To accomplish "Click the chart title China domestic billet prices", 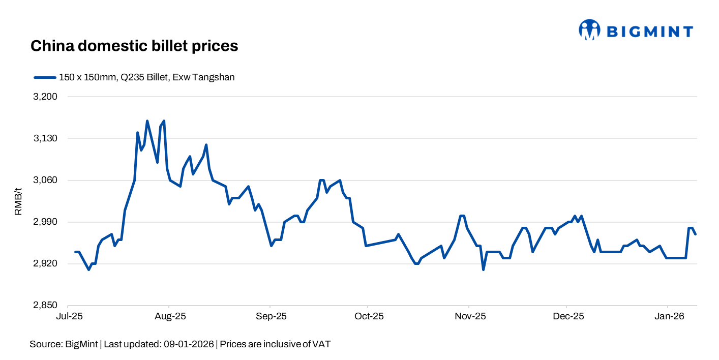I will tap(134, 46).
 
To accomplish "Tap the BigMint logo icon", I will tap(589, 30).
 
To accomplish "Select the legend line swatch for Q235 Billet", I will tap(44, 77).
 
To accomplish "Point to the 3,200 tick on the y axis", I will tap(46, 97).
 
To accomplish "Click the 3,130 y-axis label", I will tap(46, 138).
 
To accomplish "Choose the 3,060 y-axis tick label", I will tap(46, 180).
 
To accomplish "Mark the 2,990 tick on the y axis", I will tap(46, 222).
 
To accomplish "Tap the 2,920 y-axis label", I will tap(46, 264).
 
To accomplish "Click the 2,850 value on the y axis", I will tap(46, 306).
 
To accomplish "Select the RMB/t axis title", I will tap(18, 201).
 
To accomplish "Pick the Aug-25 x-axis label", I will tap(169, 316).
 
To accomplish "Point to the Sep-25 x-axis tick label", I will tap(271, 316).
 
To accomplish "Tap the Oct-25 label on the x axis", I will tap(369, 316).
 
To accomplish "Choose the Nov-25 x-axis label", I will tap(470, 316).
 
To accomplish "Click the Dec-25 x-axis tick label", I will tap(568, 316).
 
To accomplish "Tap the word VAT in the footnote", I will tap(321, 344).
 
